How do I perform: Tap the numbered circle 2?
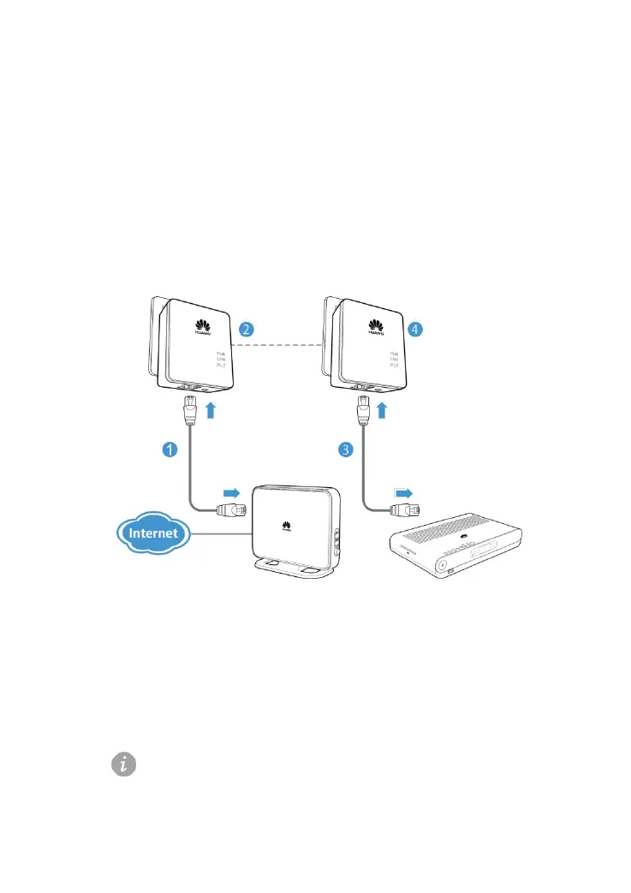[x=246, y=329]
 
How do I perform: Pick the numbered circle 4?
[x=416, y=328]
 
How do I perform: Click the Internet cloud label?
[x=152, y=533]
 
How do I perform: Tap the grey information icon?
[x=125, y=765]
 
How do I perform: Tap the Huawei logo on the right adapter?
[x=374, y=327]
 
